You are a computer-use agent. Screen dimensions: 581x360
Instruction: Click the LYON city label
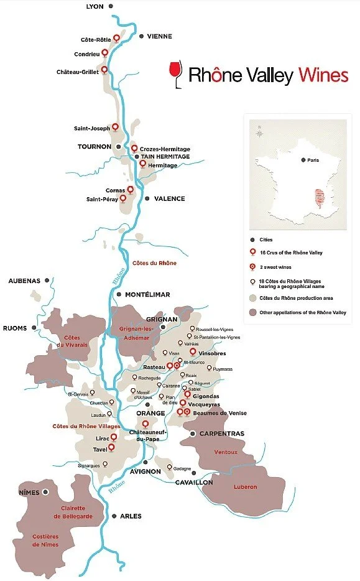click(95, 6)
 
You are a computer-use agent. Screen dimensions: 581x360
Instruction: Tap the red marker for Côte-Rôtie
click(116, 39)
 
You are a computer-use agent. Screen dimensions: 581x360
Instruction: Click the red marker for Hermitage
click(143, 164)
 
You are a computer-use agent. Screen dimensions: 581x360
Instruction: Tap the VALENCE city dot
click(147, 198)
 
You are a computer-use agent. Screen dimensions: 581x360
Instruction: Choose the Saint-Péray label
click(102, 199)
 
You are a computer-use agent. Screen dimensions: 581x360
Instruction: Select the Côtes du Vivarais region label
click(77, 341)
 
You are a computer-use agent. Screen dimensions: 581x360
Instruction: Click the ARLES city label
click(131, 516)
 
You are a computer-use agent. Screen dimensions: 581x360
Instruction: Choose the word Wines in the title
click(322, 75)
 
